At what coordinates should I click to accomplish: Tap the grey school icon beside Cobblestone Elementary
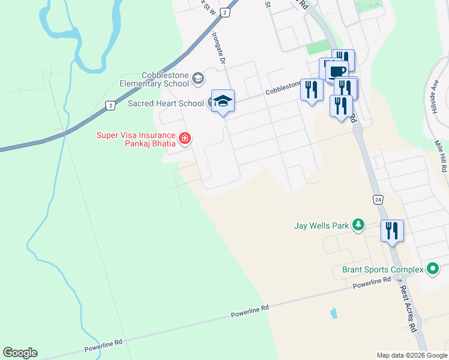coord(197,78)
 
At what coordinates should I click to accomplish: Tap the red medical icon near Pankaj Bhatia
coord(185,139)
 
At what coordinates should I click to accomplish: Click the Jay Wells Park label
coord(321,226)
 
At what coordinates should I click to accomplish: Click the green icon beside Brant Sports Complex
coord(432,269)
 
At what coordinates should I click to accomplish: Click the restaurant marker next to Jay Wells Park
coord(392,230)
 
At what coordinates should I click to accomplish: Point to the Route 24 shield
coord(378,200)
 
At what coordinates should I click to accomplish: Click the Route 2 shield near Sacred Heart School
coord(110,106)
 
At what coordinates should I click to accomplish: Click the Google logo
coord(20,353)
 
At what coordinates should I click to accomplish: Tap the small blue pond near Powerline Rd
coord(333,313)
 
